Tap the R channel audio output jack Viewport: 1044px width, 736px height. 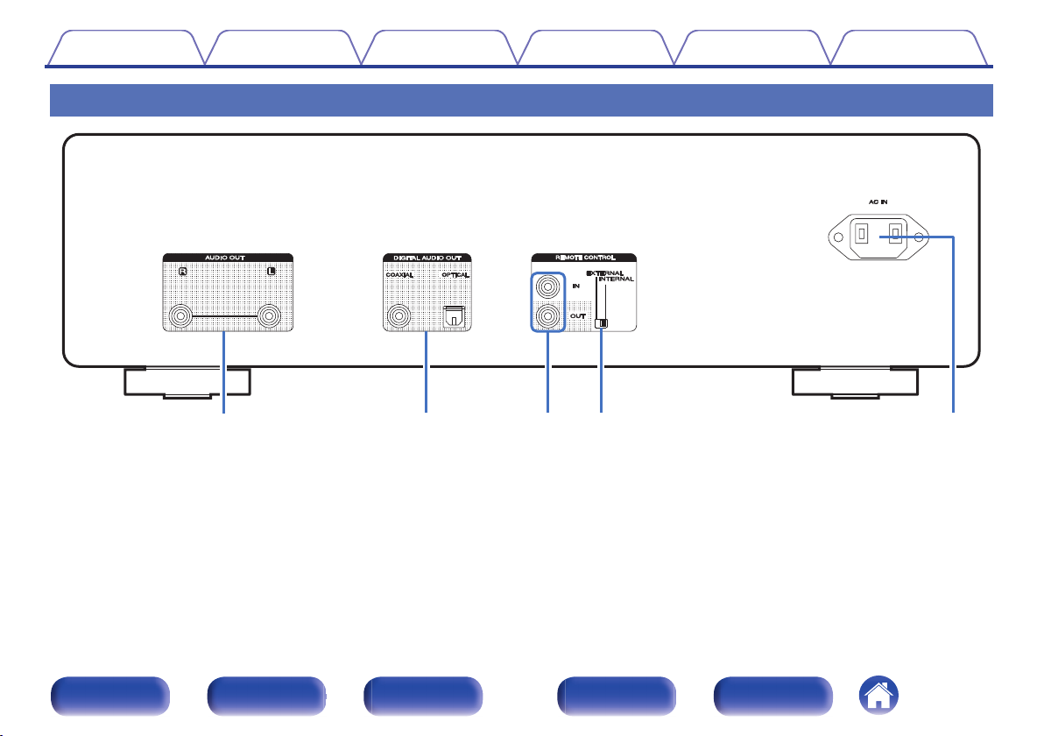181,315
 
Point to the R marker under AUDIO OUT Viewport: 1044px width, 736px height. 182,271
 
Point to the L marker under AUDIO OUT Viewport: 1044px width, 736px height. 272,271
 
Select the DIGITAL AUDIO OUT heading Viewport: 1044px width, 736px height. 427,258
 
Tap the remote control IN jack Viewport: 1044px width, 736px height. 547,286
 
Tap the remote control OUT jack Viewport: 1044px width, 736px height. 547,316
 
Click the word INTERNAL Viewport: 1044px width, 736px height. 618,280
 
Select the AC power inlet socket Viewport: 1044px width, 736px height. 878,237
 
